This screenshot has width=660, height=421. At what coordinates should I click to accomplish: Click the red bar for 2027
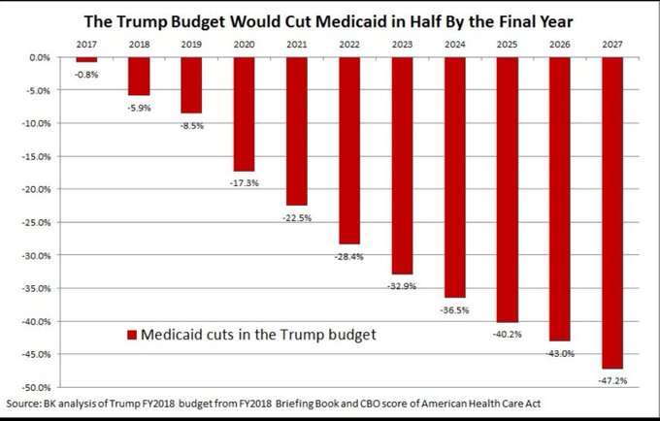click(613, 212)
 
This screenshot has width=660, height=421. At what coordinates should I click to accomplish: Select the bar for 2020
click(244, 113)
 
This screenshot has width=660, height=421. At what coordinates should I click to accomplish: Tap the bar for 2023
click(402, 165)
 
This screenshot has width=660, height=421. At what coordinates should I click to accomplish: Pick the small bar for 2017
click(85, 59)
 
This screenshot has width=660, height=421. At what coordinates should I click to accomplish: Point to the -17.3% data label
click(244, 182)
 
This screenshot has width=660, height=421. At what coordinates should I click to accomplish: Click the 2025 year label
click(508, 45)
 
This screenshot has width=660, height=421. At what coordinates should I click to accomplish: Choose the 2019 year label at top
click(191, 45)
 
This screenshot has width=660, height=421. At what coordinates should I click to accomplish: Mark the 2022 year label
click(349, 45)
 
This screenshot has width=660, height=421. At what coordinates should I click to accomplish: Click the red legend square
click(133, 335)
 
